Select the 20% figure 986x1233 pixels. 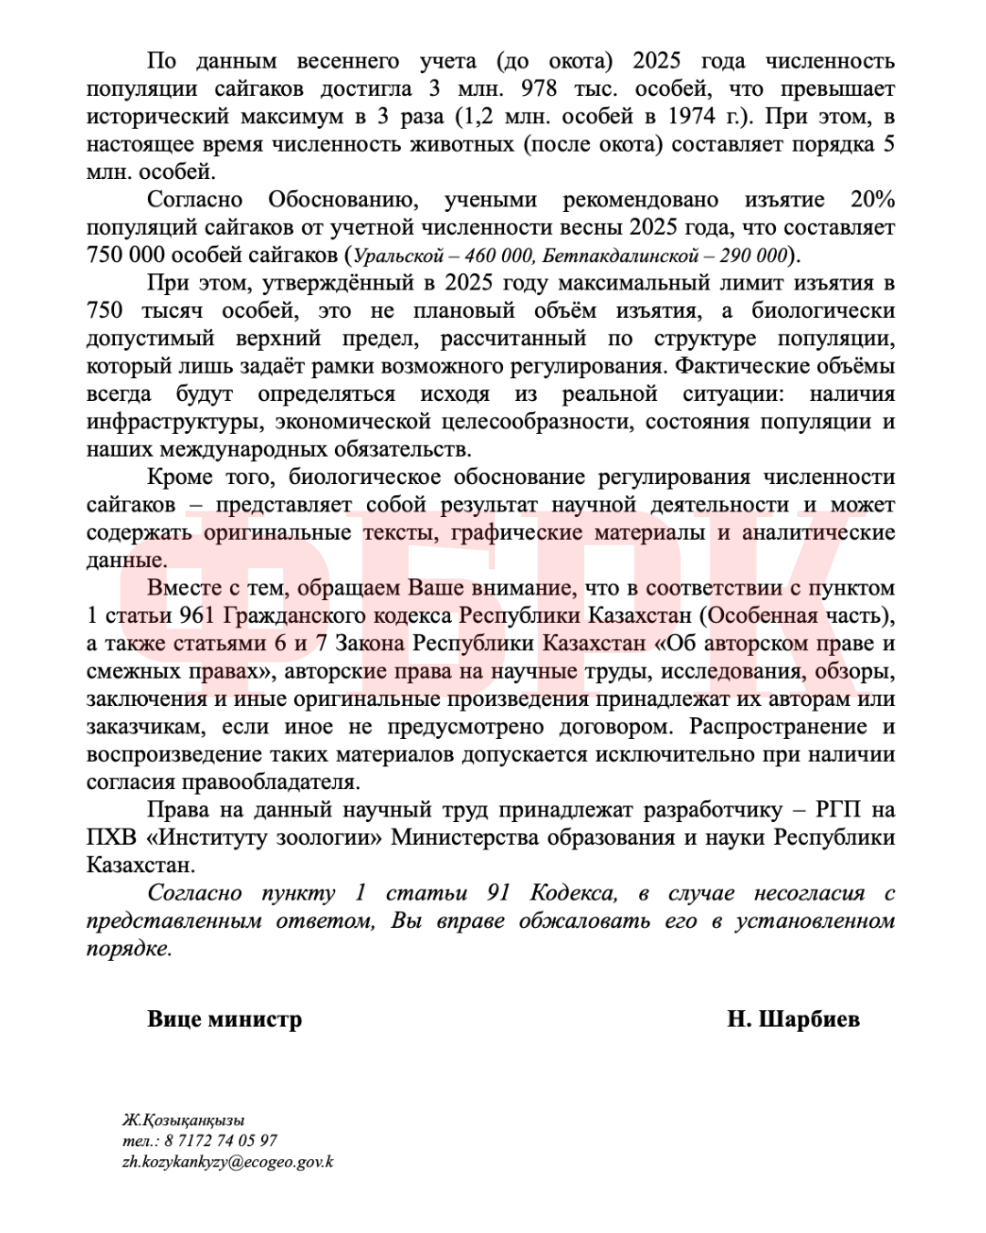872,200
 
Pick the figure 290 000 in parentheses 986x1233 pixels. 753,256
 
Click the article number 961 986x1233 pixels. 196,616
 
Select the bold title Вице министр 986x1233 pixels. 225,1019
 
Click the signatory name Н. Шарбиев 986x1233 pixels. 793,1019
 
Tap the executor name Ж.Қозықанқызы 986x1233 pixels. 184,1121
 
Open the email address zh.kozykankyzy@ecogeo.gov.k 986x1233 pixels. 227,1163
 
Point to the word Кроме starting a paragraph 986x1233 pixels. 180,478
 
